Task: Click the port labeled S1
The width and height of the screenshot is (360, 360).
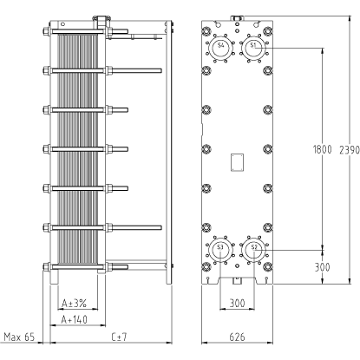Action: tap(253, 47)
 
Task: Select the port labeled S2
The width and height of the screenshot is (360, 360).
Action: tap(253, 249)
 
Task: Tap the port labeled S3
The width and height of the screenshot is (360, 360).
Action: tap(220, 249)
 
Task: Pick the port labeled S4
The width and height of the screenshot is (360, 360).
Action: tap(220, 47)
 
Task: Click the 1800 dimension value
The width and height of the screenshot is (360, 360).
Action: tap(322, 149)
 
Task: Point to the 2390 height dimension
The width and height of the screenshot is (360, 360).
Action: tap(350, 149)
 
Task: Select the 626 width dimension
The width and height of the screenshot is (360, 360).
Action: tap(237, 337)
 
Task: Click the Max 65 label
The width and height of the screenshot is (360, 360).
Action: tap(19, 337)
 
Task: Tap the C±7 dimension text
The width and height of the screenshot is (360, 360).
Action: tap(119, 337)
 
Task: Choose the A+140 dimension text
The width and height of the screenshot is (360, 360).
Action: tap(75, 319)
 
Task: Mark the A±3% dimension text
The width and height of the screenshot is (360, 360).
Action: tap(75, 303)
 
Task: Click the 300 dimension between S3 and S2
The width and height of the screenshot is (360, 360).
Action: tap(237, 303)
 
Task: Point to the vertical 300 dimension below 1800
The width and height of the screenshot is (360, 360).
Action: tap(322, 267)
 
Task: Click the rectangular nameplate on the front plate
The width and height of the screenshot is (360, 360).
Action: tap(237, 162)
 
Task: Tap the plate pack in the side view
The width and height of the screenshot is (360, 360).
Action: tap(77, 150)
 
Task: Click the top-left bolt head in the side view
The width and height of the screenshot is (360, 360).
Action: tap(46, 31)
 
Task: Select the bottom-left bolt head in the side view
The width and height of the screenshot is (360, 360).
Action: tap(46, 266)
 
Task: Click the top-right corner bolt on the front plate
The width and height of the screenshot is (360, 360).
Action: tap(268, 31)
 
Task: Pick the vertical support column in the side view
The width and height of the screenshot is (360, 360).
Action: tap(169, 153)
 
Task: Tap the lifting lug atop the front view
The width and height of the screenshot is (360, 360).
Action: tap(237, 18)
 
